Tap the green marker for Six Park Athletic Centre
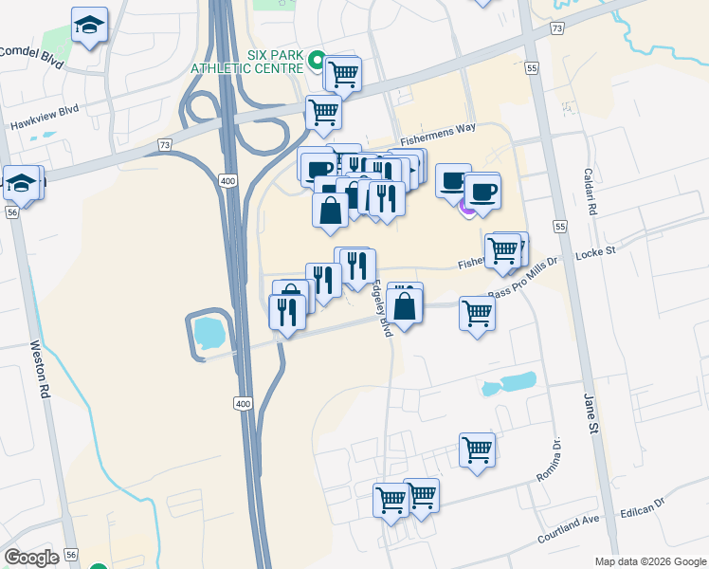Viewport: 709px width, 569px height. (x=318, y=59)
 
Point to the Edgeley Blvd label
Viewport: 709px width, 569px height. (x=381, y=309)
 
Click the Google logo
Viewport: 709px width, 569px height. (x=31, y=557)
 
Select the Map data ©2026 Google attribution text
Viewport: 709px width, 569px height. (x=649, y=561)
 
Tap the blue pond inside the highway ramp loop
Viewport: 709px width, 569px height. (x=208, y=332)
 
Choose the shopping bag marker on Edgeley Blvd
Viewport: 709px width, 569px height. (x=404, y=307)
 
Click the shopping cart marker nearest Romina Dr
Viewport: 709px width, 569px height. (x=477, y=450)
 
